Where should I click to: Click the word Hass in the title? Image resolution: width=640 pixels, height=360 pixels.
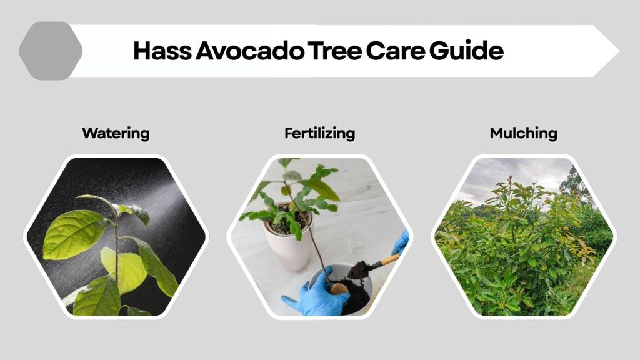(161, 51)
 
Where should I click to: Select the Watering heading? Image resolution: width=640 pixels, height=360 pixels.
(116, 133)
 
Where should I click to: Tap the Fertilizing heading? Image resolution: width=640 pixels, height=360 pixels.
(319, 133)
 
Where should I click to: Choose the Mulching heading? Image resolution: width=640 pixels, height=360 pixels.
(524, 133)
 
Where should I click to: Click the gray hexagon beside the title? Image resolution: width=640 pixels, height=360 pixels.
(51, 51)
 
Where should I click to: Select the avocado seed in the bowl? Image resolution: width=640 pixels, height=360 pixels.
(338, 289)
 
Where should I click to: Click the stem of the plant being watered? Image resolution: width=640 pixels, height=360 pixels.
(116, 250)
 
